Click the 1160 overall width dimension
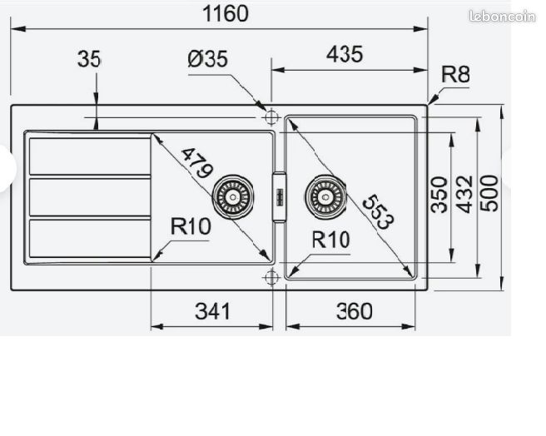pyautogui.click(x=226, y=14)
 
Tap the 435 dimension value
pyautogui.click(x=345, y=54)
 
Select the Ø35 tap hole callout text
pyautogui.click(x=208, y=58)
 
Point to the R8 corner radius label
pyautogui.click(x=455, y=74)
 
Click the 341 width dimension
pyautogui.click(x=212, y=311)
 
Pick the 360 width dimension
pyautogui.click(x=354, y=311)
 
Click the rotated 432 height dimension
pyautogui.click(x=464, y=195)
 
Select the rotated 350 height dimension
pyautogui.click(x=439, y=195)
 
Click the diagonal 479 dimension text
pyautogui.click(x=196, y=162)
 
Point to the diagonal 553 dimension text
pyautogui.click(x=379, y=212)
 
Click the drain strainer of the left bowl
pyautogui.click(x=232, y=196)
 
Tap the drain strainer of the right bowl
pyautogui.click(x=325, y=196)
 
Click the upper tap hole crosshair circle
pyautogui.click(x=271, y=116)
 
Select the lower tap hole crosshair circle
pyautogui.click(x=271, y=277)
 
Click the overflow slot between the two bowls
pyautogui.click(x=280, y=196)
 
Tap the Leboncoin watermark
pyautogui.click(x=502, y=17)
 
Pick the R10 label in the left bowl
pyautogui.click(x=191, y=226)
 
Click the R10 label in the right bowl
pyautogui.click(x=330, y=240)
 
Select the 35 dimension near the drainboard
pyautogui.click(x=89, y=59)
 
